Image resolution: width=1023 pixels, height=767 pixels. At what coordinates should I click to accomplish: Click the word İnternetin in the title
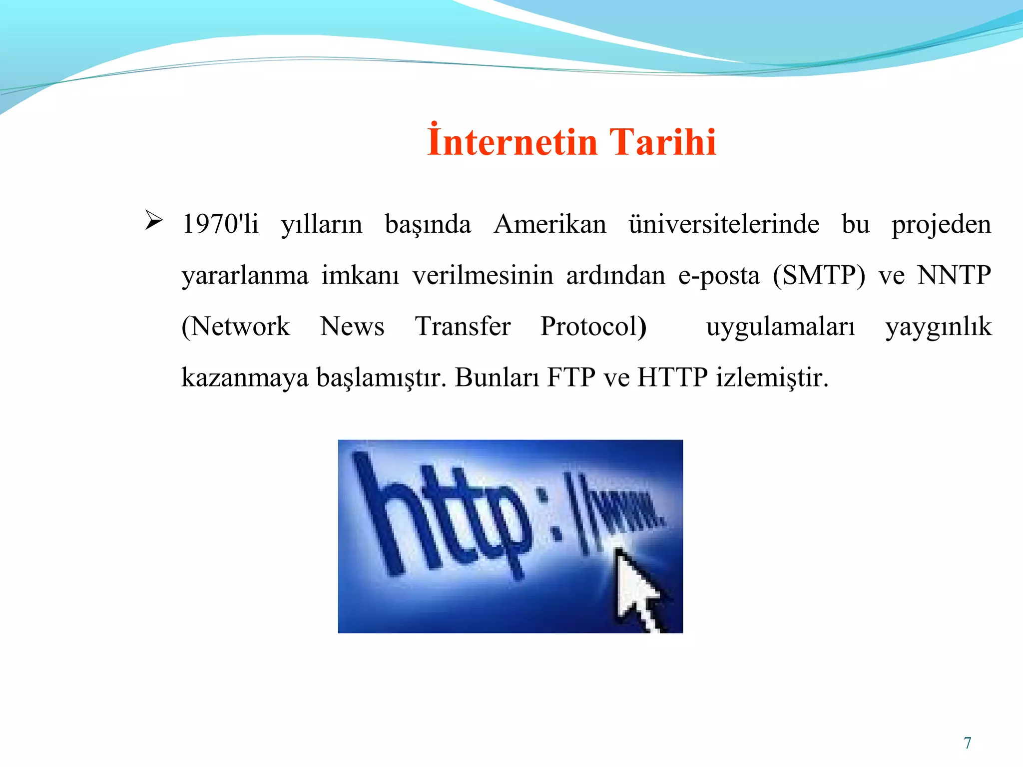pos(511,142)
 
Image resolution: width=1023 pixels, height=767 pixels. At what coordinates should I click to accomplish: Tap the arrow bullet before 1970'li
pos(153,220)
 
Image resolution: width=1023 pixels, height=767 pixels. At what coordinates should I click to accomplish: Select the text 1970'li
pos(220,224)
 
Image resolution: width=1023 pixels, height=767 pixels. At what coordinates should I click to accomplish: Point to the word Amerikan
pos(549,224)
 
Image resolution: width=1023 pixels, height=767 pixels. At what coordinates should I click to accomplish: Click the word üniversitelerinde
pos(724,224)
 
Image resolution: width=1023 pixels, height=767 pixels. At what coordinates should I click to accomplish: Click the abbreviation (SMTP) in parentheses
pos(819,276)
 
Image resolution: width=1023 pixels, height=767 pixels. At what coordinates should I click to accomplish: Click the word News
pos(352,327)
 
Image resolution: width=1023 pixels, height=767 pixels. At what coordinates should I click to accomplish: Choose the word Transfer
pos(463,327)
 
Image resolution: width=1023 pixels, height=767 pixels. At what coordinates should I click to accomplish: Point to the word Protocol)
pos(593,327)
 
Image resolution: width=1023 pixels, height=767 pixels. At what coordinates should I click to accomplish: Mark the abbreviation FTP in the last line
pos(571,378)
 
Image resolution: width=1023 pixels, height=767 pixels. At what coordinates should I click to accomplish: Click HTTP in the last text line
pos(672,378)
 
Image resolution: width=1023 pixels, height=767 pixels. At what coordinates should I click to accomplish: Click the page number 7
pos(968,743)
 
